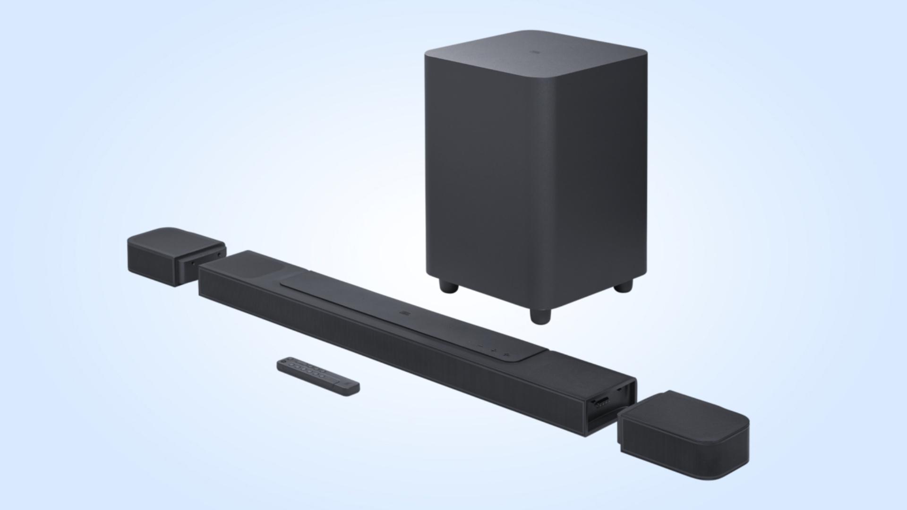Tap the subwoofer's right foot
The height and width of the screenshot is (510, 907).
tap(624, 286)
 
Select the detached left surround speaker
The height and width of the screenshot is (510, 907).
tap(175, 255)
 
